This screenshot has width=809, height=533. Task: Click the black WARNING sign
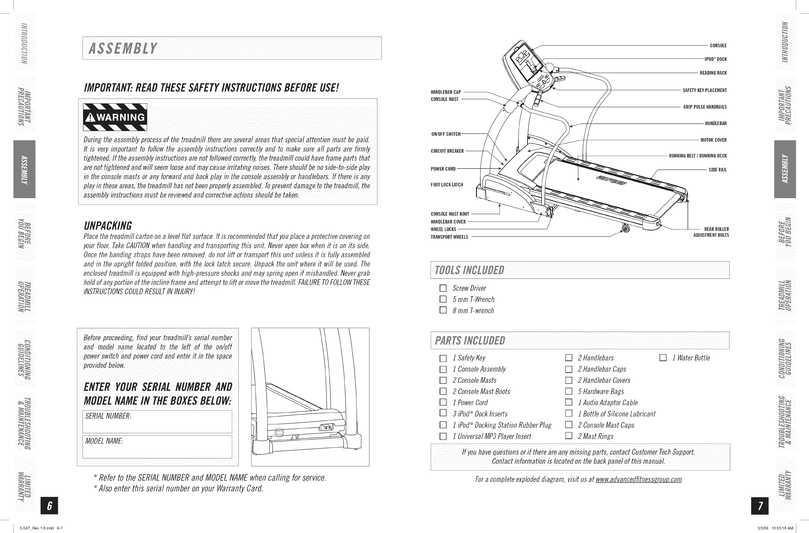click(115, 117)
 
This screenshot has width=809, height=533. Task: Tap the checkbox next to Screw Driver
click(443, 288)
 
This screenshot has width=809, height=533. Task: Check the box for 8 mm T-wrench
click(443, 310)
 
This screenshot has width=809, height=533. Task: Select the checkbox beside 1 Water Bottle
click(663, 358)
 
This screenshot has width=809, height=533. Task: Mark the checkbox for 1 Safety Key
click(443, 358)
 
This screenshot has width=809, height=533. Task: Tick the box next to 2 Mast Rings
click(568, 436)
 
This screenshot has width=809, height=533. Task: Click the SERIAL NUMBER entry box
click(158, 421)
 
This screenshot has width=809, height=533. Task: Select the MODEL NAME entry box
click(158, 447)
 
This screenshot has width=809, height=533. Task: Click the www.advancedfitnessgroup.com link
click(638, 479)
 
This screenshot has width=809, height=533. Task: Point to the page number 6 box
click(49, 506)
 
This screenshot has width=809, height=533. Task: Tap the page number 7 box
click(760, 506)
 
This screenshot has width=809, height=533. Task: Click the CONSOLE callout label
click(718, 46)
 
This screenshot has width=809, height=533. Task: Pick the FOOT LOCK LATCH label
click(447, 185)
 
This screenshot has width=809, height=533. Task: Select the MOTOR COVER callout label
click(713, 140)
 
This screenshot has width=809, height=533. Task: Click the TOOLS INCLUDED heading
click(469, 270)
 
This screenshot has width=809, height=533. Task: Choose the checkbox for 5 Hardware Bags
click(568, 391)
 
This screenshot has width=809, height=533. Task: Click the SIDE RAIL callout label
click(718, 170)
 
